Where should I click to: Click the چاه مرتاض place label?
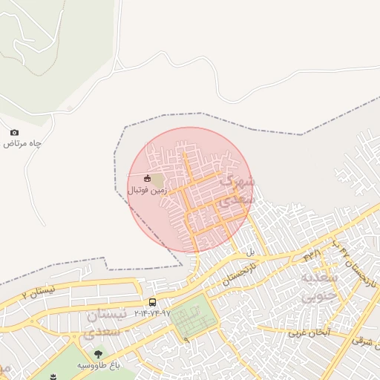coord(19,143)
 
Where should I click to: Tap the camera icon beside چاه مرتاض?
coord(14,132)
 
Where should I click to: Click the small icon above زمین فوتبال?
coord(147,179)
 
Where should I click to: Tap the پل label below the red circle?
coord(251,252)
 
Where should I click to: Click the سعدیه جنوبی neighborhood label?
coord(321,286)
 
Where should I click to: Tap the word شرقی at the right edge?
coord(363,341)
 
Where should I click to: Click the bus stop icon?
coord(152,302)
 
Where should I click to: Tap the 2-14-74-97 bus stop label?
coord(152,313)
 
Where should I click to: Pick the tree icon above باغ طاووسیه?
coord(99,354)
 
